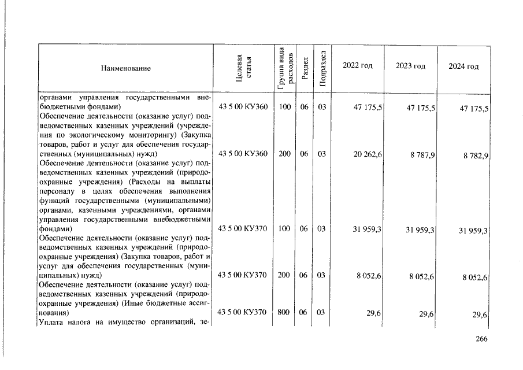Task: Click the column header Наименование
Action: (125, 69)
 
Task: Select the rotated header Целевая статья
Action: (243, 68)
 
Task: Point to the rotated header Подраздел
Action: (322, 68)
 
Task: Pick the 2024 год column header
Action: (463, 67)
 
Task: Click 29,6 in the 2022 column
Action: (373, 313)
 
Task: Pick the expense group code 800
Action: (283, 313)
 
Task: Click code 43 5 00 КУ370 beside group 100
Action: (243, 229)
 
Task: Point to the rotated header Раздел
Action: (306, 68)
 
